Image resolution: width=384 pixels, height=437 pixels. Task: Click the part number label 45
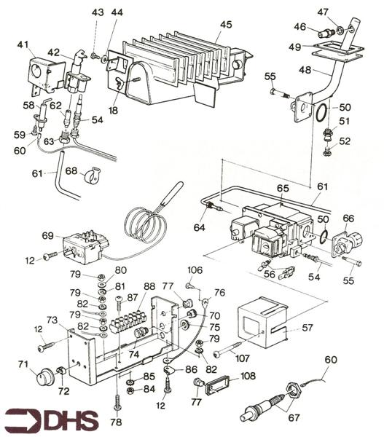tap(226, 24)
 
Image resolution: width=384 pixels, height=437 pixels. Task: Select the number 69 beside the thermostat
tap(48, 237)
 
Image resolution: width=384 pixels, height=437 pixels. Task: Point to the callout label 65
tap(283, 189)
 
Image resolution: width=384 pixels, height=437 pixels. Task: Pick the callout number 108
tap(248, 377)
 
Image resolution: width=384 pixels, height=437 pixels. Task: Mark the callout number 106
tap(195, 271)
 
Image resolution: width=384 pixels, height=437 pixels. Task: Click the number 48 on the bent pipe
tap(304, 71)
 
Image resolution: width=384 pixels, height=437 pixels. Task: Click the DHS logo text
tap(58, 420)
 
